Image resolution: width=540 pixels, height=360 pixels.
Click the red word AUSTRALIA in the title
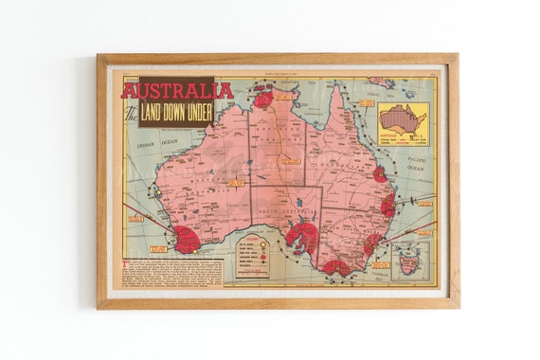pyautogui.click(x=177, y=91)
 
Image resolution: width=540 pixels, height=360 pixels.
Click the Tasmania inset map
pyautogui.click(x=409, y=259)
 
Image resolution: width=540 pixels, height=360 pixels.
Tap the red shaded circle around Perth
pyautogui.click(x=186, y=239)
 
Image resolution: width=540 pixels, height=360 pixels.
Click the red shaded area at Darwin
pyautogui.click(x=263, y=98)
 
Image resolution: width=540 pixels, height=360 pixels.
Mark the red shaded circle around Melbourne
pyautogui.click(x=335, y=267)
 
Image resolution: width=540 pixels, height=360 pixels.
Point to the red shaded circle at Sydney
pyautogui.click(x=371, y=243)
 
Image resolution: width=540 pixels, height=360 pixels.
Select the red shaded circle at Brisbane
pyautogui.click(x=387, y=204)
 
